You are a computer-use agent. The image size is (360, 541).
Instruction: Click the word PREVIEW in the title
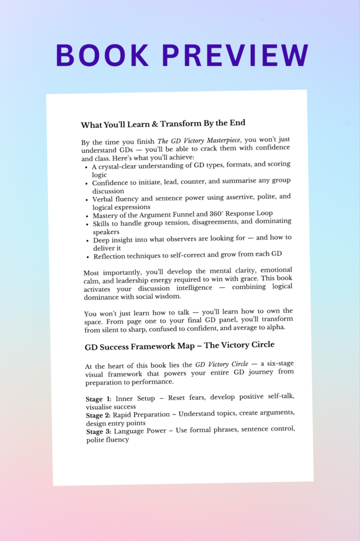pyautogui.click(x=228, y=55)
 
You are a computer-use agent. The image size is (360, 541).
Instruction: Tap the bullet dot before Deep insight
pyautogui.click(x=87, y=240)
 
